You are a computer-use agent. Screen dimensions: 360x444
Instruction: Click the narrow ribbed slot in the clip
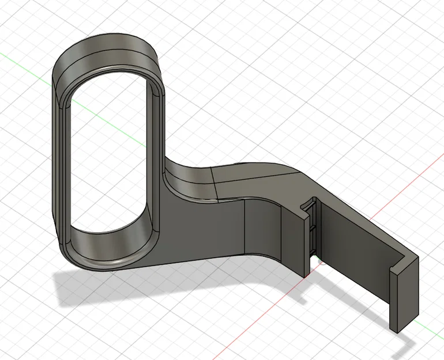[x=312, y=230]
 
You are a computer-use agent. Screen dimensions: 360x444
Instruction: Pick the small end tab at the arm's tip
[x=404, y=294]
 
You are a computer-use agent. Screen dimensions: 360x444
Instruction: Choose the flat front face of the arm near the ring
[x=202, y=230]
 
